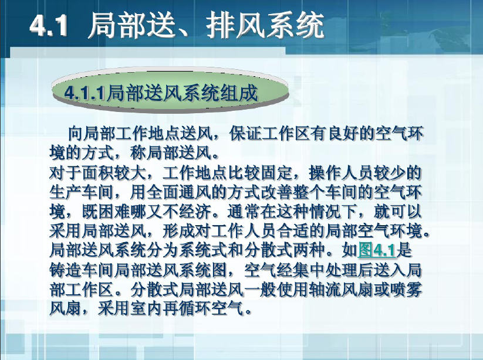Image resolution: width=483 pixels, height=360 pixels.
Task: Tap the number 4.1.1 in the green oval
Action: pyautogui.click(x=85, y=92)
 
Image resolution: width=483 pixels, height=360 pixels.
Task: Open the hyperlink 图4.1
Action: pyautogui.click(x=376, y=250)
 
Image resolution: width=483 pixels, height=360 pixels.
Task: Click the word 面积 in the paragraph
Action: pyautogui.click(x=97, y=173)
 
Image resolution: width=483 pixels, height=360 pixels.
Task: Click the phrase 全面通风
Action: pyautogui.click(x=178, y=192)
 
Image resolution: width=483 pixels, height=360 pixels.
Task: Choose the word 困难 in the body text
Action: pyautogui.click(x=114, y=212)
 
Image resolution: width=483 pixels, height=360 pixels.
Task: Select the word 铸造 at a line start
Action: pyautogui.click(x=65, y=270)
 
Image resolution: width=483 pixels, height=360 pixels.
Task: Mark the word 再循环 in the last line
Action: pyautogui.click(x=187, y=308)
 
